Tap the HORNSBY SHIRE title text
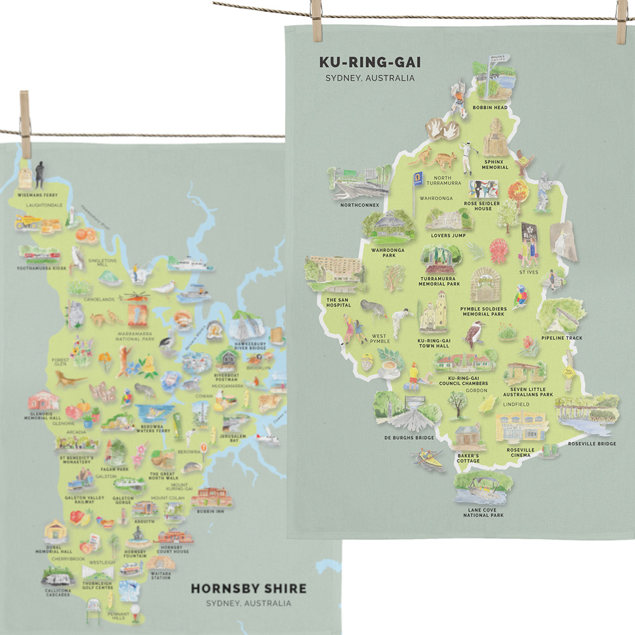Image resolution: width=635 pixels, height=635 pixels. pyautogui.click(x=248, y=589)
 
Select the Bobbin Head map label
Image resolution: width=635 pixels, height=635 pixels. pyautogui.click(x=490, y=107)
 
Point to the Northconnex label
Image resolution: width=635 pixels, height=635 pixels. pyautogui.click(x=359, y=205)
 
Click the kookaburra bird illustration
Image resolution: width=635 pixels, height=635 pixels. pyautogui.click(x=474, y=333)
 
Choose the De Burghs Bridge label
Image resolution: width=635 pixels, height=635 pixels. pyautogui.click(x=408, y=438)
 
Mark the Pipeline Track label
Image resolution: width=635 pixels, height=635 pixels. pyautogui.click(x=561, y=338)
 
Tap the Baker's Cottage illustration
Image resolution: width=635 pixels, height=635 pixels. pyautogui.click(x=468, y=438)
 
